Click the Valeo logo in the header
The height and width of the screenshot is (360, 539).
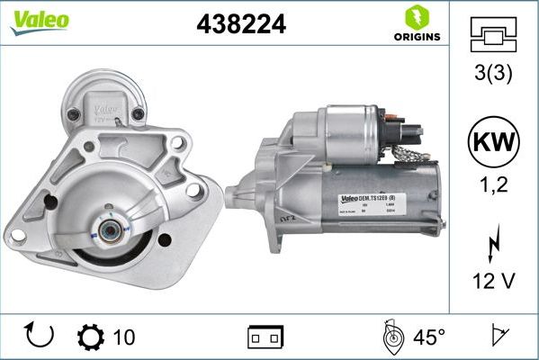click(x=39, y=22)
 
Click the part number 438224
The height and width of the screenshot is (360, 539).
click(x=241, y=25)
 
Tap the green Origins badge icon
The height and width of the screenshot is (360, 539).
click(x=415, y=18)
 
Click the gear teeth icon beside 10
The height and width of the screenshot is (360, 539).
click(x=91, y=337)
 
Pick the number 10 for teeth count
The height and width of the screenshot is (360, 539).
click(x=124, y=337)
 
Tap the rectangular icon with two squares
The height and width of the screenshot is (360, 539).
click(x=266, y=337)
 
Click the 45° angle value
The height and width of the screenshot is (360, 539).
click(x=429, y=337)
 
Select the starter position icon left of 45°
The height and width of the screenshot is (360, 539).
click(x=391, y=337)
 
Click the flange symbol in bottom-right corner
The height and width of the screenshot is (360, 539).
click(x=498, y=337)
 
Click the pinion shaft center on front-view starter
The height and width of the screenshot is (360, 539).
click(x=109, y=230)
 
